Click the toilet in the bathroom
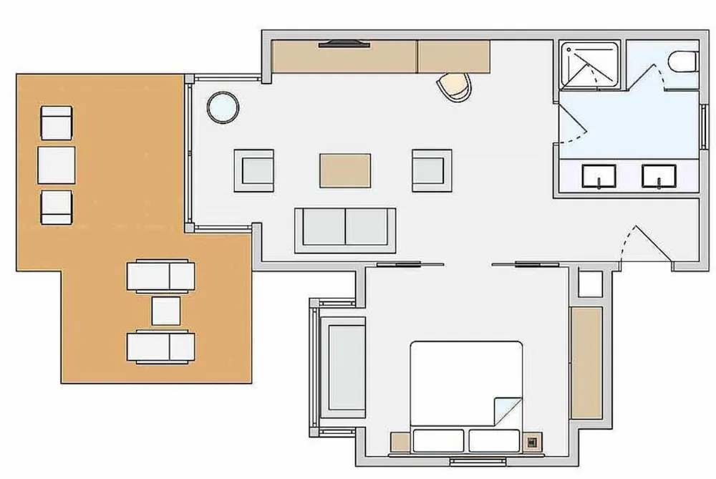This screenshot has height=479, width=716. (684, 62)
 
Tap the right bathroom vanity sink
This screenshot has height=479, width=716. (659, 175)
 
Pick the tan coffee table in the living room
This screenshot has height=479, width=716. (345, 170)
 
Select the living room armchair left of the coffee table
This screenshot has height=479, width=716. (254, 170)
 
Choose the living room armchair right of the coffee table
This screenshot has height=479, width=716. (432, 170)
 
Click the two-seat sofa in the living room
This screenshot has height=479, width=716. (346, 229)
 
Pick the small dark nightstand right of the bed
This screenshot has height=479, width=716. (532, 442)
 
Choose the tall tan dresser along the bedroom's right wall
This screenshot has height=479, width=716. (586, 362)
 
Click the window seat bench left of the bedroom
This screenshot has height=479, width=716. (346, 367)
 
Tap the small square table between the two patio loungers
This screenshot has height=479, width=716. (166, 311)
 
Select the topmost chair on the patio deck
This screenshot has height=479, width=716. (57, 123)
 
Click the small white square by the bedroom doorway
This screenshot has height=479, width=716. (591, 284)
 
